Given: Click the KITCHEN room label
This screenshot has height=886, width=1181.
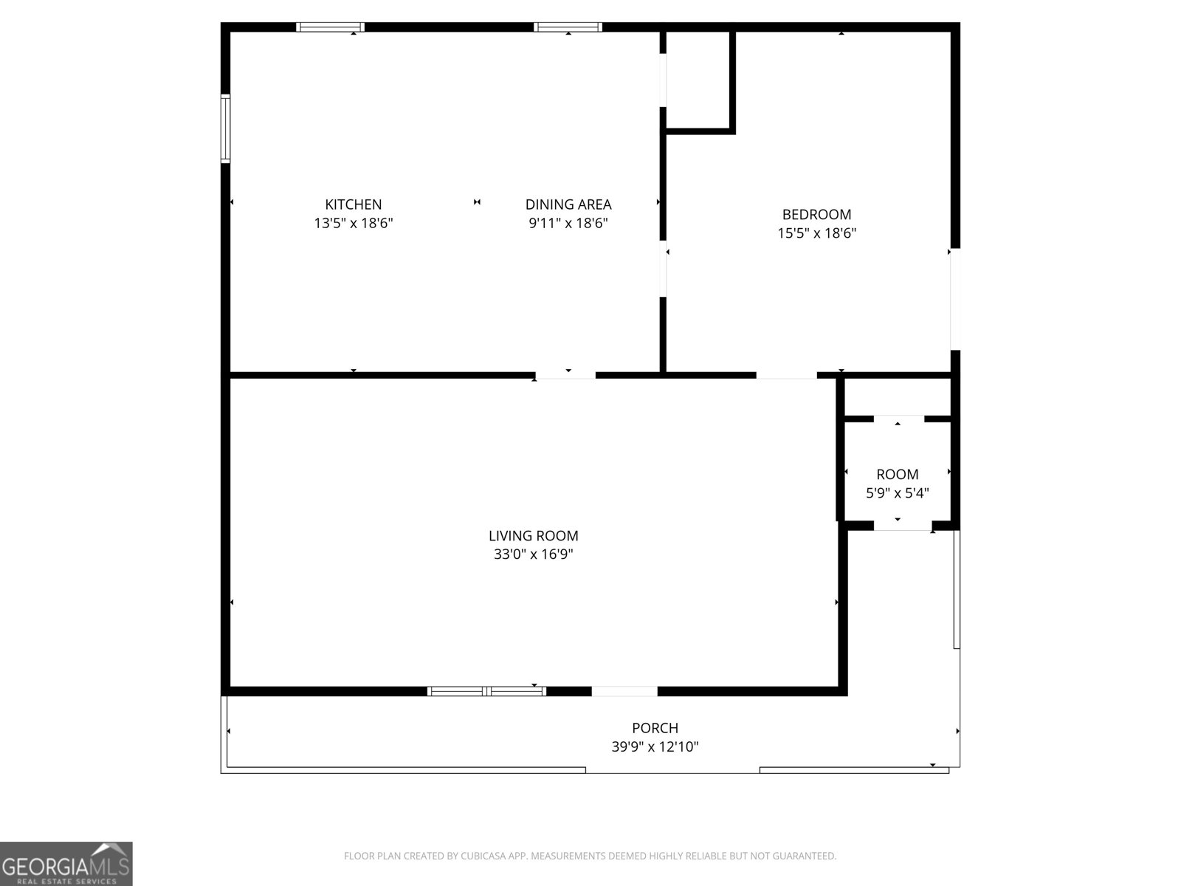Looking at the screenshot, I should point(354,205).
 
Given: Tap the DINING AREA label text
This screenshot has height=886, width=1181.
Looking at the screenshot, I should point(568,205).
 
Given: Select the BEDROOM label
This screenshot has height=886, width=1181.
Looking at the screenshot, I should point(816,214).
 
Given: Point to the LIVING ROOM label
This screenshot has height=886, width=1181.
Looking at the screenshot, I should point(533,536).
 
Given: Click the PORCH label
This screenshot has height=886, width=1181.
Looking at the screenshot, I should point(655,728).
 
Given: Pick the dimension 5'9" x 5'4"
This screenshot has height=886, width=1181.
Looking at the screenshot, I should point(897,493).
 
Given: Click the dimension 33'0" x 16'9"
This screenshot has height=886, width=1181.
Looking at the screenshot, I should point(533,554).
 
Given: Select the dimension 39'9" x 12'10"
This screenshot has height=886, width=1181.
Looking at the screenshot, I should point(655,746).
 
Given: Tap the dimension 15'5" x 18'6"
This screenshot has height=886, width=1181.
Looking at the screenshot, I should point(816,233).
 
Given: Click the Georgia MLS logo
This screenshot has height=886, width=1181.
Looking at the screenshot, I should point(66,863).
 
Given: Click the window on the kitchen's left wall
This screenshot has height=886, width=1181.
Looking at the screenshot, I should point(226,128).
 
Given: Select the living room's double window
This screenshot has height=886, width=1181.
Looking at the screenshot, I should point(487,691).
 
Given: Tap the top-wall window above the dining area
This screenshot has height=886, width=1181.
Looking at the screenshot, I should point(568,27).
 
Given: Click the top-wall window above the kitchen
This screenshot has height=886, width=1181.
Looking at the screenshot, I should point(330,27).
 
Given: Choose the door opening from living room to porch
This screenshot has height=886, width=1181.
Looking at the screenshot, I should point(624,691).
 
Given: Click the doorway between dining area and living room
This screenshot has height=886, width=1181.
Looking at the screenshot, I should point(565,375).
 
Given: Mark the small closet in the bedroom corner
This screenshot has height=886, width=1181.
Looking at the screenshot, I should point(698,80).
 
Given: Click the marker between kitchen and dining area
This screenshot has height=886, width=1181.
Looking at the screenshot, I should point(477,202).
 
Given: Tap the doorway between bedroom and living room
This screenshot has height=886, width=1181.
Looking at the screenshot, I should point(786,375).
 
